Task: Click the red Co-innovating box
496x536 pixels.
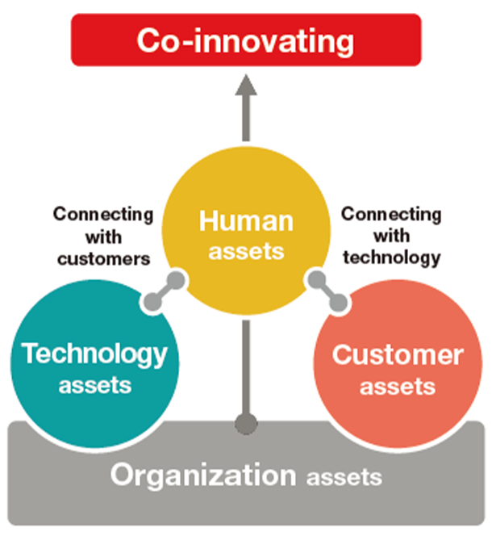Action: pyautogui.click(x=246, y=40)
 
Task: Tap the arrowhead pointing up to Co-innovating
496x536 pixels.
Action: pyautogui.click(x=246, y=85)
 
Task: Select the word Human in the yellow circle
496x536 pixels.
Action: pyautogui.click(x=246, y=221)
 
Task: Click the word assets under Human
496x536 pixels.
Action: pyautogui.click(x=246, y=252)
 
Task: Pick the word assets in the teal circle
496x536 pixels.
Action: pyautogui.click(x=95, y=386)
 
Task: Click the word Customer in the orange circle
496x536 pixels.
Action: pyautogui.click(x=398, y=355)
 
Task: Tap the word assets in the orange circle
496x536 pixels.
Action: pyautogui.click(x=398, y=387)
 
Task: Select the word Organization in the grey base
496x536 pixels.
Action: pyautogui.click(x=203, y=475)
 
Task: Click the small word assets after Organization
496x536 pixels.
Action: pyautogui.click(x=344, y=478)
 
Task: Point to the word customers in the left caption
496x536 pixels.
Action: pyautogui.click(x=103, y=259)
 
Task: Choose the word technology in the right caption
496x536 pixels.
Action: pyautogui.click(x=392, y=258)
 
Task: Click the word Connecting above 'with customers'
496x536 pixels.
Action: pyautogui.click(x=103, y=215)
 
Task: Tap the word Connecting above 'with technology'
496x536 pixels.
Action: pyautogui.click(x=391, y=215)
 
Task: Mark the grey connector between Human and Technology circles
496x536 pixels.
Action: pyautogui.click(x=164, y=291)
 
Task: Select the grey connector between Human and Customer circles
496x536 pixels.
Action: pyautogui.click(x=327, y=291)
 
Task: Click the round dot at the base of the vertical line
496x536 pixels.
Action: pyautogui.click(x=246, y=424)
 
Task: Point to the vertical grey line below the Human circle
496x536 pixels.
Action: pyautogui.click(x=246, y=367)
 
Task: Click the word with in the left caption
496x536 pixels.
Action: pyautogui.click(x=103, y=237)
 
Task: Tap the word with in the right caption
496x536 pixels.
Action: pyautogui.click(x=391, y=236)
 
